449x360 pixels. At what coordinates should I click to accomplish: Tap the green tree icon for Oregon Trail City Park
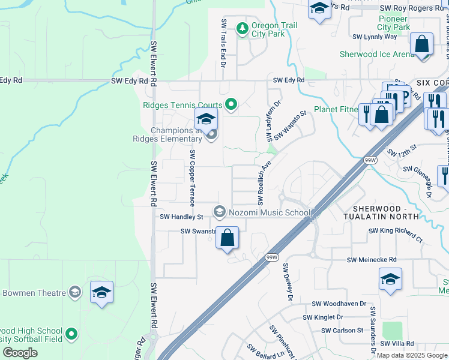click(x=243, y=29)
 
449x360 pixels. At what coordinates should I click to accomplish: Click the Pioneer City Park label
click(x=394, y=23)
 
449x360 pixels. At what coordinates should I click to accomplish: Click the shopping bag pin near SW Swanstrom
click(x=228, y=238)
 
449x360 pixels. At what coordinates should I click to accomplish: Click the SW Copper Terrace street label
click(x=193, y=178)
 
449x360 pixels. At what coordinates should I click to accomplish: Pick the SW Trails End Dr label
click(x=223, y=43)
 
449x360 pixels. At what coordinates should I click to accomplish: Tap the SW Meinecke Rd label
click(x=372, y=260)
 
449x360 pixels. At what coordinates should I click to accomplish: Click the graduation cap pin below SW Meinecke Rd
click(x=390, y=280)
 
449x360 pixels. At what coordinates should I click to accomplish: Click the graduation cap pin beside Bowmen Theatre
click(x=101, y=293)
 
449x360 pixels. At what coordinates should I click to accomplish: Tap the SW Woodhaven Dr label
click(x=339, y=304)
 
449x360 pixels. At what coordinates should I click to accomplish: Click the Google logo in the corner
click(x=20, y=353)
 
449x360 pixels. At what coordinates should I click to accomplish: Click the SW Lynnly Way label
click(x=375, y=37)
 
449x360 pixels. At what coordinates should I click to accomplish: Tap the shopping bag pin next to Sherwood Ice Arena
click(x=422, y=44)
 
